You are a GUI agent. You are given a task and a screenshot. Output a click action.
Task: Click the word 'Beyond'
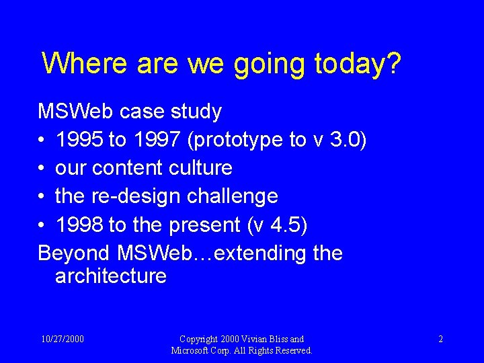(x=74, y=253)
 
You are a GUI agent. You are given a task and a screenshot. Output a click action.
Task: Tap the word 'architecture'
(x=111, y=276)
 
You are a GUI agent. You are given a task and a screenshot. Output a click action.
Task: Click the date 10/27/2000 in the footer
(x=62, y=339)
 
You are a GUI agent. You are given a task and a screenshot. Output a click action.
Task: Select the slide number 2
(x=440, y=339)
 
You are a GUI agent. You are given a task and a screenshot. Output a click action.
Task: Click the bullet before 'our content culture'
(x=42, y=168)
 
